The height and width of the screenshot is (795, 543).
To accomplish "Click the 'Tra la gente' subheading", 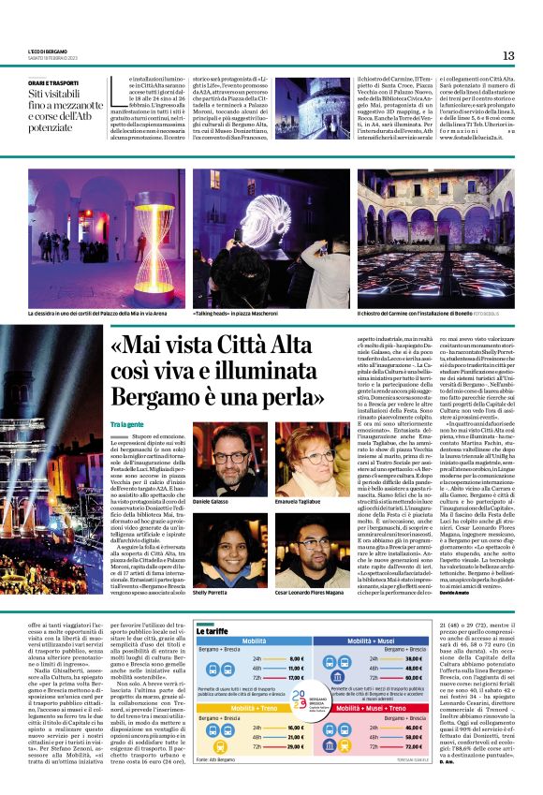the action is tap(125, 424).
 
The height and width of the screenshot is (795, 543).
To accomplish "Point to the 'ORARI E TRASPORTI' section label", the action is tap(53, 82).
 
